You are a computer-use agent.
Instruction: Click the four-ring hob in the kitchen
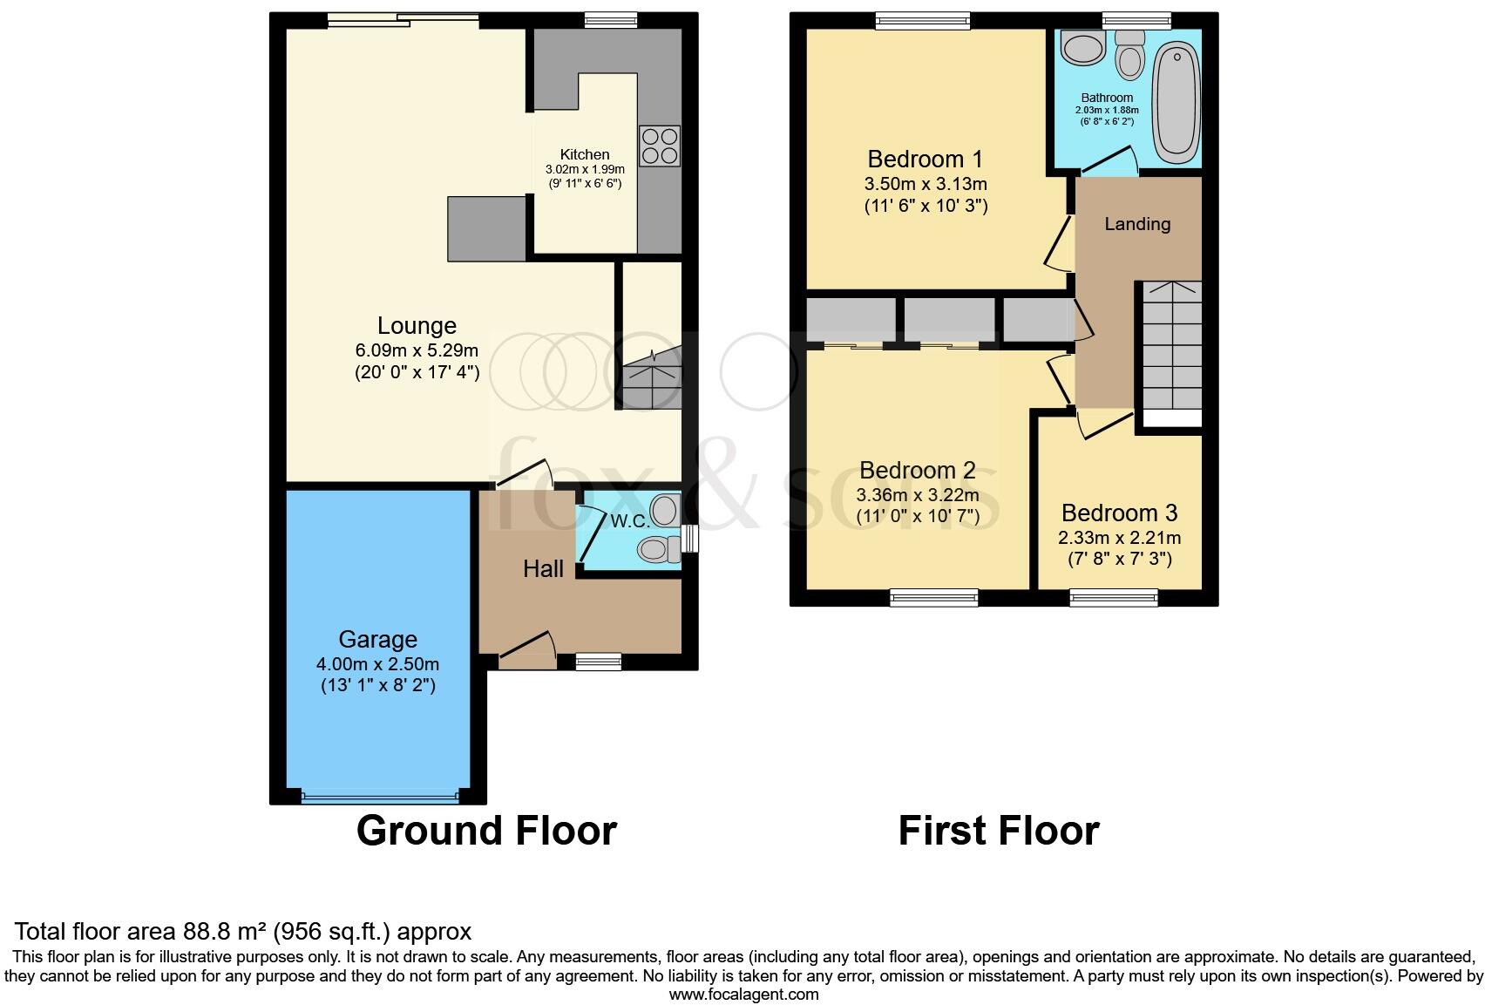(x=660, y=146)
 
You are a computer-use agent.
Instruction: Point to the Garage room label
(x=377, y=639)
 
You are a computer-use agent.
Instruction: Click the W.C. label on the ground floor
(x=629, y=521)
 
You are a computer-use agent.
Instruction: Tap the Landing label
(x=1136, y=224)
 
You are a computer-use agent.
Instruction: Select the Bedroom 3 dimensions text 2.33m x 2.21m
(x=1119, y=538)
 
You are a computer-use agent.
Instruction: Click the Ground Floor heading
(x=486, y=830)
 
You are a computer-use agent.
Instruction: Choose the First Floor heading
(x=998, y=830)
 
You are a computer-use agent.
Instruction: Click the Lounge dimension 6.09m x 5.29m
(x=417, y=350)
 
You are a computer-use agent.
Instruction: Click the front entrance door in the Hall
(x=528, y=649)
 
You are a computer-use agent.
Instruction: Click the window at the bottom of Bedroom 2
(x=933, y=597)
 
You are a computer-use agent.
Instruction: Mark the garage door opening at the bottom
(x=379, y=795)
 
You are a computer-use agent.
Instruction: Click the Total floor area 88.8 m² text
(x=243, y=931)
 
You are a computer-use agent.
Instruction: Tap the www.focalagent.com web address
(x=742, y=994)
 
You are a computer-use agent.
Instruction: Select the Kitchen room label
(x=585, y=154)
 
